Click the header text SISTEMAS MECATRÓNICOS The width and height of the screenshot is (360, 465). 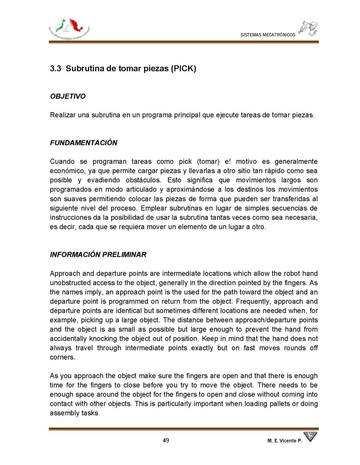[268, 35]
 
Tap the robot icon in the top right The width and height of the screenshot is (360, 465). [308, 28]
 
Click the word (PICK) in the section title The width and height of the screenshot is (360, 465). [183, 68]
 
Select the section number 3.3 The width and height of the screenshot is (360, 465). [55, 68]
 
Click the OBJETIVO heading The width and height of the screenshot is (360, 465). [68, 96]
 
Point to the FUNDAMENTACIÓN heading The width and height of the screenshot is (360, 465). [84, 143]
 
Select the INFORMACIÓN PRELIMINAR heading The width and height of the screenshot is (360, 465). [98, 255]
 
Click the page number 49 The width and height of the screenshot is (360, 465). [166, 440]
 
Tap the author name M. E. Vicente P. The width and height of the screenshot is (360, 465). [284, 441]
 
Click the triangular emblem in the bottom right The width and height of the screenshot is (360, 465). [310, 437]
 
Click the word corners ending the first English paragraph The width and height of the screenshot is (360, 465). [62, 357]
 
